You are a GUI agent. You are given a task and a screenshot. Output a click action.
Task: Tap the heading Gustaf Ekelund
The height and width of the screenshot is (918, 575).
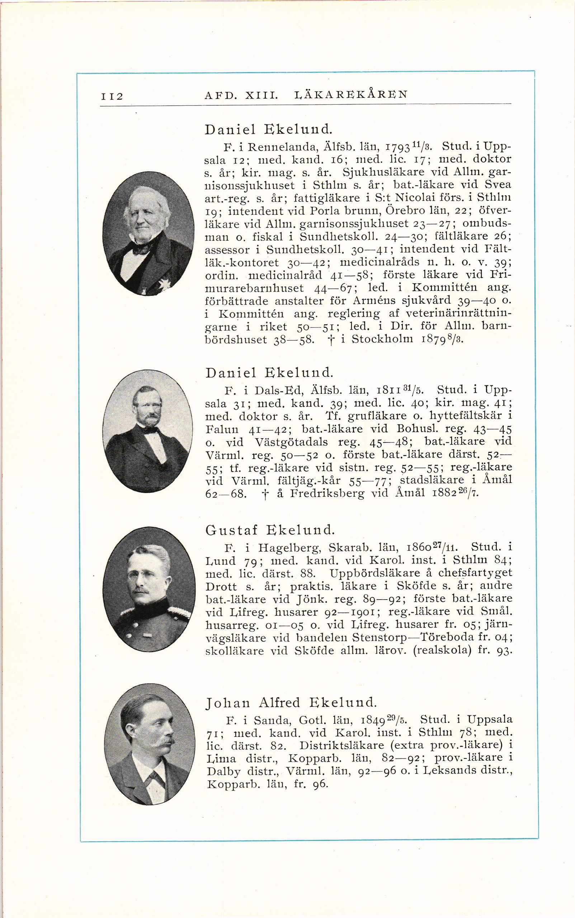[x=270, y=530]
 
